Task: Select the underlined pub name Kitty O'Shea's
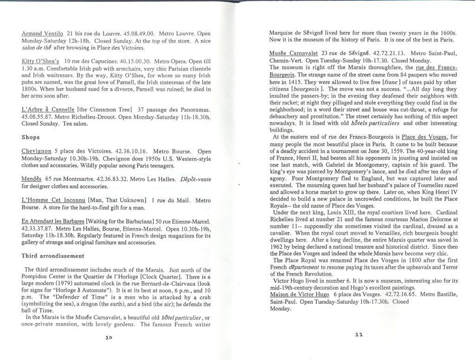(41, 61)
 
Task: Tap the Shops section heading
(31, 138)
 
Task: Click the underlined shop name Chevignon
(36, 151)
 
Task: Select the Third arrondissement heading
(53, 256)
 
